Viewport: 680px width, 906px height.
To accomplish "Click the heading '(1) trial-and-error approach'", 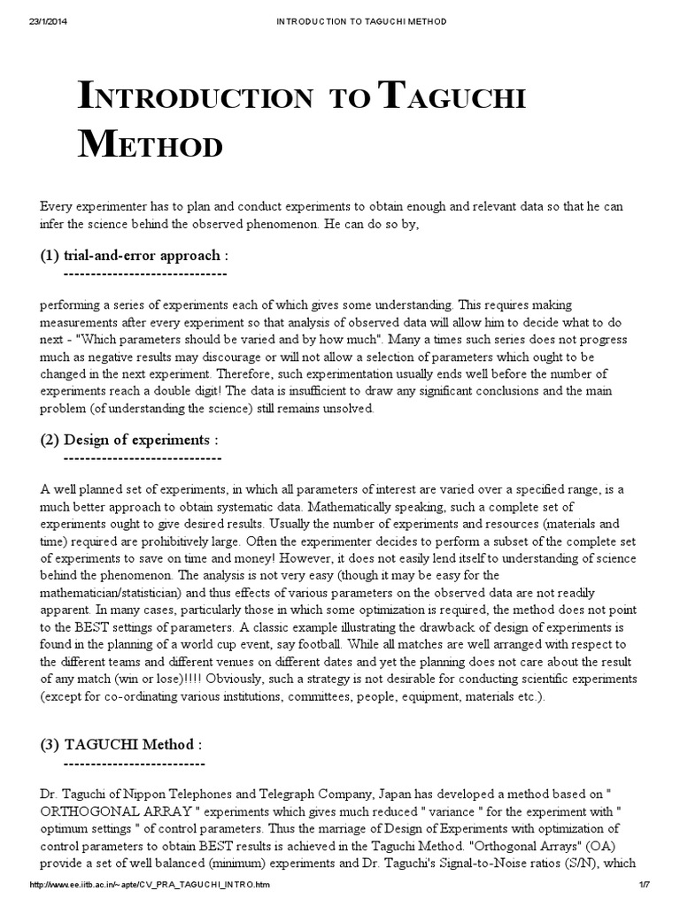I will point(135,256).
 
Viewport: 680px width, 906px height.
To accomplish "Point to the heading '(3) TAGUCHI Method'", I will point(121,744).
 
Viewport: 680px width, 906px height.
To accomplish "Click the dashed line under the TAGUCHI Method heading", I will point(134,763).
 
